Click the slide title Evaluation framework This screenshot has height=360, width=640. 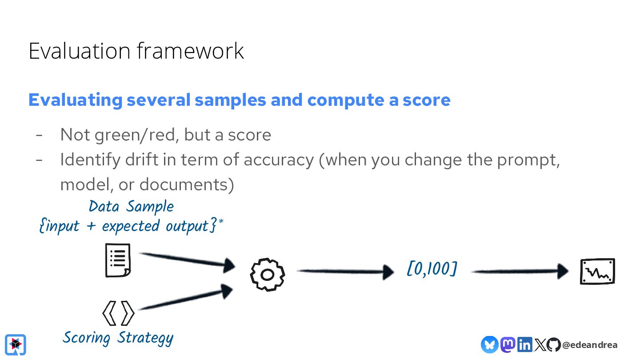136,51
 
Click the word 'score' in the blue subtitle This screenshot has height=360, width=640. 426,100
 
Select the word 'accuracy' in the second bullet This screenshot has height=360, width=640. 278,160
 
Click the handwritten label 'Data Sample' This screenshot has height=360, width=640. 131,207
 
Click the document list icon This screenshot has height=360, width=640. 118,260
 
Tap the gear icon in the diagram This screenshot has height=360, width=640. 267,275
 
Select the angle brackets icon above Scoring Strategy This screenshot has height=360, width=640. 118,313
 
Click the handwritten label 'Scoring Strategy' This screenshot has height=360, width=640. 118,338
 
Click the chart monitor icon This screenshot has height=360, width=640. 598,271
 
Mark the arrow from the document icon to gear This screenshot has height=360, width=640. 187,260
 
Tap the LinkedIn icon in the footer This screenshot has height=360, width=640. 524,344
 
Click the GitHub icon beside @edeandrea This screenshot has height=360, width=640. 554,344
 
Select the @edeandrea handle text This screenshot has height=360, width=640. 590,345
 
